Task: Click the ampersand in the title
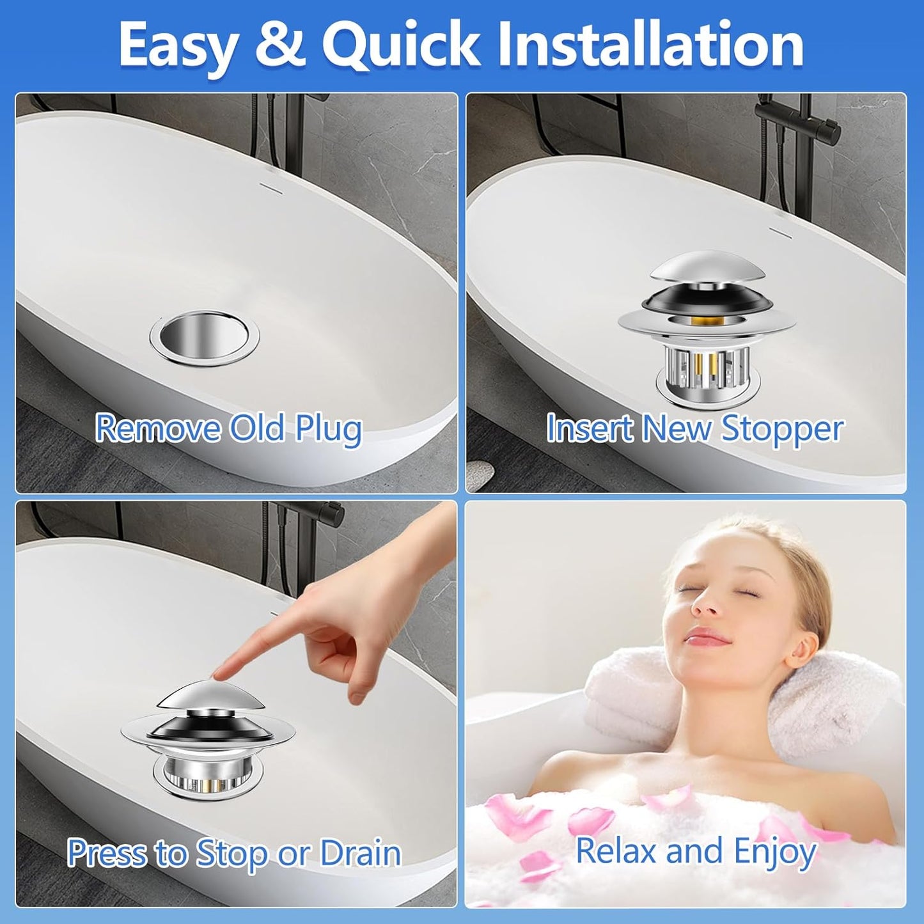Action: pyautogui.click(x=280, y=45)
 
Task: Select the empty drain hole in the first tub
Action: pyautogui.click(x=204, y=337)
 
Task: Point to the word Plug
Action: pyautogui.click(x=328, y=428)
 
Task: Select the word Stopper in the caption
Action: pyautogui.click(x=782, y=428)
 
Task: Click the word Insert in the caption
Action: pyautogui.click(x=589, y=428)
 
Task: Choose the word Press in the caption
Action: pyautogui.click(x=106, y=854)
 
